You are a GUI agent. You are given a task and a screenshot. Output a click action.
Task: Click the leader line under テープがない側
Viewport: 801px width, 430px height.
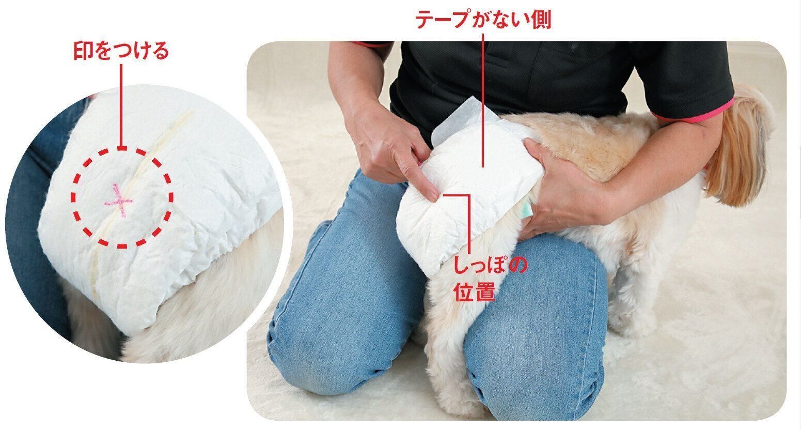tap(483, 100)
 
